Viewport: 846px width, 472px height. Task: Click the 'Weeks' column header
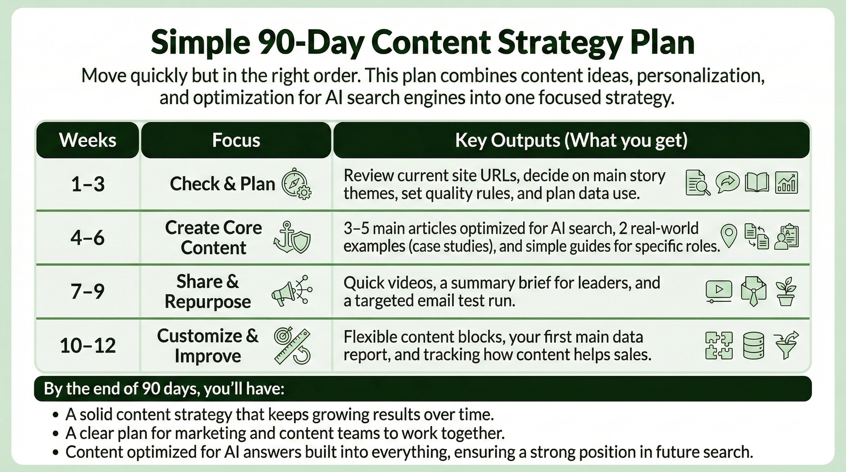[88, 140]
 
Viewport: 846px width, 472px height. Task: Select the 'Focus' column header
[236, 140]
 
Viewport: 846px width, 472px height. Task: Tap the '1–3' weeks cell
[88, 184]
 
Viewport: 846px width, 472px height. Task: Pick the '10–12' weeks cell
[88, 345]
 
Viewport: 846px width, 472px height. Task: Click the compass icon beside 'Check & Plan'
[296, 184]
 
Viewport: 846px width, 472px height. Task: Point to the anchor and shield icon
[292, 238]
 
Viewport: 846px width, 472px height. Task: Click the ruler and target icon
[292, 346]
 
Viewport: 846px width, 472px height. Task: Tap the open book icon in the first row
[757, 183]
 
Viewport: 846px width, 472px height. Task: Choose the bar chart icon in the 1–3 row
[787, 183]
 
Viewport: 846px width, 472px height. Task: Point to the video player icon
[719, 291]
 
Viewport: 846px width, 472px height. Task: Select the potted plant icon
[786, 291]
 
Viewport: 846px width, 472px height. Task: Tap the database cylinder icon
[753, 345]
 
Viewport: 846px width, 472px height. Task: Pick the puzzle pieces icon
[719, 345]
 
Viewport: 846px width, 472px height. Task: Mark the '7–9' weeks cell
[88, 291]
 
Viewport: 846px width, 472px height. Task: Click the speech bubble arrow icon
[727, 182]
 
